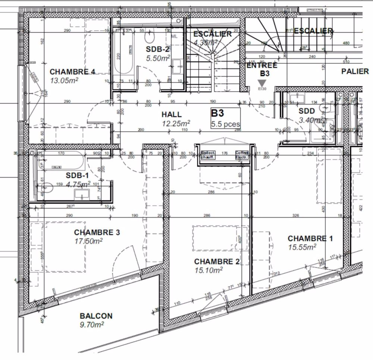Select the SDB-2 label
tap(158, 49)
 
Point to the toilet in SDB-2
tap(150, 37)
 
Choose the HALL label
tap(172, 114)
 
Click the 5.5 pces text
tap(225, 123)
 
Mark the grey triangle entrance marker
tap(263, 83)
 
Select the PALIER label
tap(354, 71)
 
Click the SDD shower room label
tap(307, 111)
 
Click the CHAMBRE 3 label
tap(97, 233)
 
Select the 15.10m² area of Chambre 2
tap(209, 269)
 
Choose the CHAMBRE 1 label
tap(310, 239)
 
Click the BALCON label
tap(96, 316)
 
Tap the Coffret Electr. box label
tap(242, 155)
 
